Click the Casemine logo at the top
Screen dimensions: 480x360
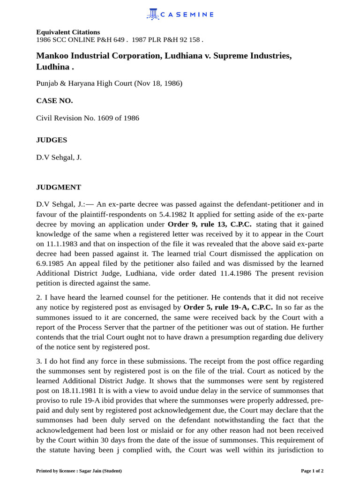[x=180, y=15]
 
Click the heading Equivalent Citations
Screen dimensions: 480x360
[x=68, y=32]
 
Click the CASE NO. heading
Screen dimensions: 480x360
[x=54, y=100]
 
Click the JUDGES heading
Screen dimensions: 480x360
[x=52, y=140]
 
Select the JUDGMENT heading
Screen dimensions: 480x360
[x=59, y=187]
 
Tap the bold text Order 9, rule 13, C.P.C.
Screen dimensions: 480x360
[x=210, y=224]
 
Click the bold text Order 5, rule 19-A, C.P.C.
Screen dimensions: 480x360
[x=228, y=307]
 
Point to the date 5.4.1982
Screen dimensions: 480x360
[x=173, y=214]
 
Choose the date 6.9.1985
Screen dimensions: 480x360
[x=51, y=263]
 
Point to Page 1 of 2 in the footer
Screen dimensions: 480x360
[x=312, y=471]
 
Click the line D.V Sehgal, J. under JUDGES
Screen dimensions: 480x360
[x=59, y=157]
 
